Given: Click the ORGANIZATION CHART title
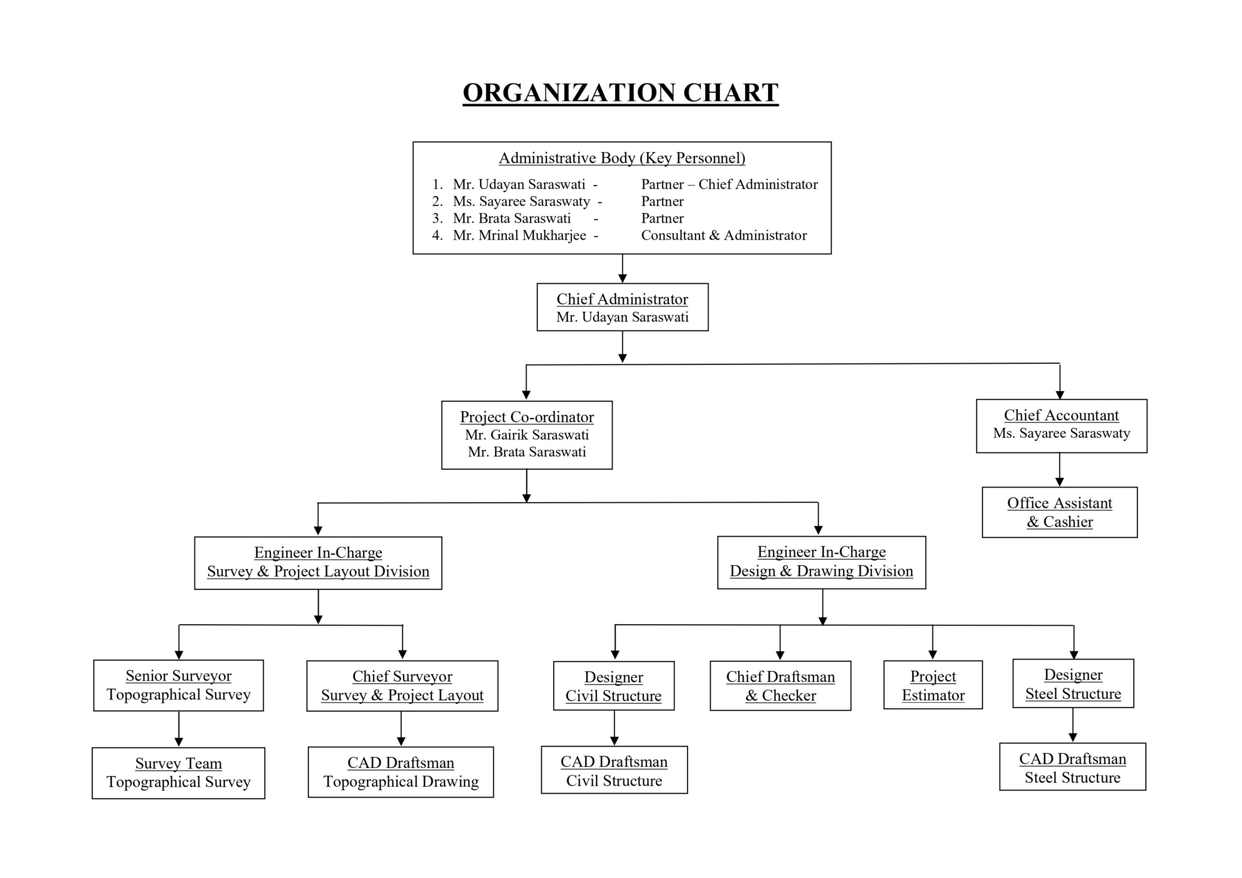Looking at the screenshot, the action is coord(621,93).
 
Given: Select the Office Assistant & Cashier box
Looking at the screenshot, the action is coord(1060,512).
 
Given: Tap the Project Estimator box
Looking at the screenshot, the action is coord(933,685).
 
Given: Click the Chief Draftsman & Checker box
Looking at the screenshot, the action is coord(781,685).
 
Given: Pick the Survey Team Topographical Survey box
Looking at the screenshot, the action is coord(179,773).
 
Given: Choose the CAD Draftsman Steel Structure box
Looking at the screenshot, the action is coord(1073,766).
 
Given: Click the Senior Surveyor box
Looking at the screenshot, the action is coord(179,685).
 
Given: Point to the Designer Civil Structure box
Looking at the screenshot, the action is coord(614,685).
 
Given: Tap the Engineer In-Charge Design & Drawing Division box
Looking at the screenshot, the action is coord(822,563).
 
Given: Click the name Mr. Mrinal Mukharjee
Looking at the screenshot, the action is coord(519,235).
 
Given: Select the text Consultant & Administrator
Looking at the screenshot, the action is coord(724,235).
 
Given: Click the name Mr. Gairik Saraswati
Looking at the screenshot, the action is coord(527,435).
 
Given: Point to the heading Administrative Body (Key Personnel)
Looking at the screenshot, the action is coord(622,158).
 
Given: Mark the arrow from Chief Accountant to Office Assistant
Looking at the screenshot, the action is coord(1060,470).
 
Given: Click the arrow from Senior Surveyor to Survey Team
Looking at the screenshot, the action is coord(179,729).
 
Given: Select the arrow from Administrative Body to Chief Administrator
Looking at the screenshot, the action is coord(622,268).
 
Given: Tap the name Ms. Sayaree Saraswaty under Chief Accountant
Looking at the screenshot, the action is coord(1062,433).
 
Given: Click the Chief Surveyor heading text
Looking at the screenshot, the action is coord(403,676).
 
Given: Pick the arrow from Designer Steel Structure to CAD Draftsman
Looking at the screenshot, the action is coord(1073,725).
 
